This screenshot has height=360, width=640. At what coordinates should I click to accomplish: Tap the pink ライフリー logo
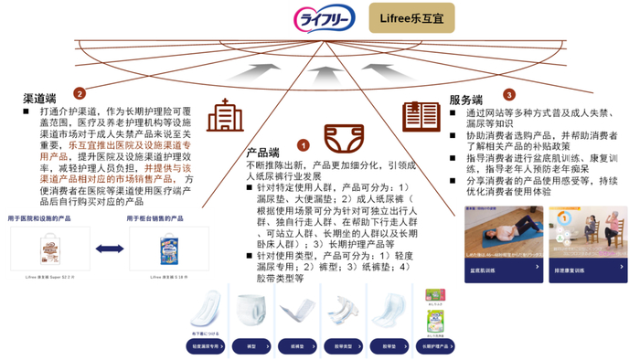[326, 18]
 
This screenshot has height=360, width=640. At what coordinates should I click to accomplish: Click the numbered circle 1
[304, 144]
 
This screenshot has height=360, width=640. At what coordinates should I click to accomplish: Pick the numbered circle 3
[508, 94]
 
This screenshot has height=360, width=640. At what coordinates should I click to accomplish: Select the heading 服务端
[467, 100]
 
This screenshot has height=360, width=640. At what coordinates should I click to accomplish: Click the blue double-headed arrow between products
[109, 249]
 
